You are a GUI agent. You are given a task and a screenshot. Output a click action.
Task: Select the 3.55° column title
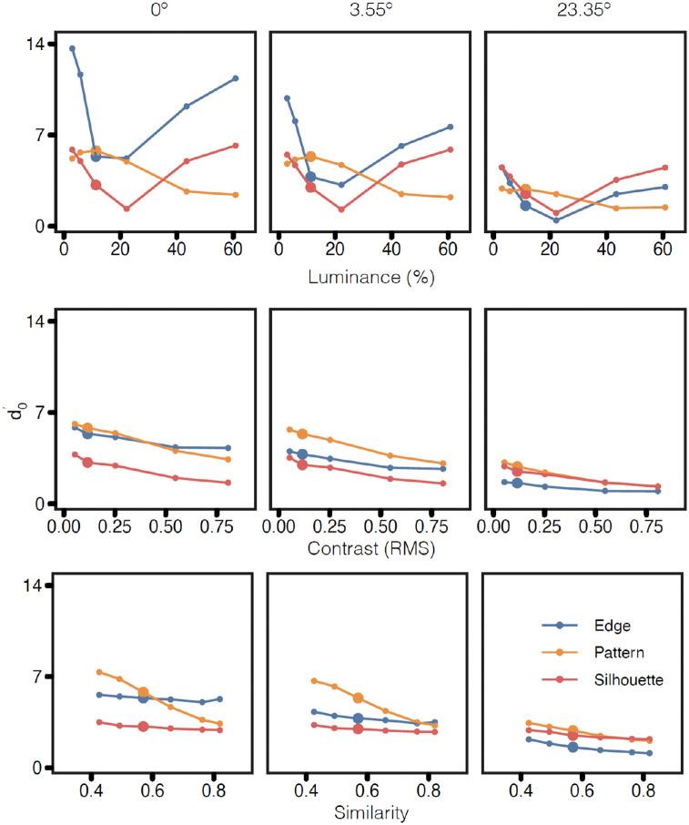367,13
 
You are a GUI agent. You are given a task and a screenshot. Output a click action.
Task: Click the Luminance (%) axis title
367,277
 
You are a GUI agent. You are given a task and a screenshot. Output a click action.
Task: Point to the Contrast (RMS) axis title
367,549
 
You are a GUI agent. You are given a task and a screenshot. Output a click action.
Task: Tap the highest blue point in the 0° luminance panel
72,48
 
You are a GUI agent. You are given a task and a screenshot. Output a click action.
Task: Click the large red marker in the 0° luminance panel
96,185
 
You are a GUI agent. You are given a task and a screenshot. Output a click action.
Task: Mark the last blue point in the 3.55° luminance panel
451,127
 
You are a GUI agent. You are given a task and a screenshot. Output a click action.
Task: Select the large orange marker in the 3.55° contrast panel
302,434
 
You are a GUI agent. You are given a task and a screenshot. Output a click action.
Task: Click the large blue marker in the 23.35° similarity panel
572,747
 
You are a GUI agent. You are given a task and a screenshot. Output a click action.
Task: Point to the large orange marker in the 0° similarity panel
143,693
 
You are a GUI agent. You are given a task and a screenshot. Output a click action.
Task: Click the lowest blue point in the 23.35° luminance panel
556,219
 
